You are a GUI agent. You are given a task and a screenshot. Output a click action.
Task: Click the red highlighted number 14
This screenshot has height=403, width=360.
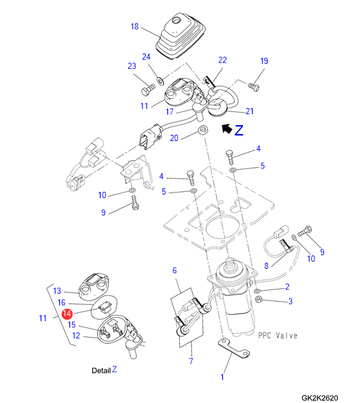point(67,314)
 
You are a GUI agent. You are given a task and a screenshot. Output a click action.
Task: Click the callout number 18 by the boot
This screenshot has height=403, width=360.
point(135,26)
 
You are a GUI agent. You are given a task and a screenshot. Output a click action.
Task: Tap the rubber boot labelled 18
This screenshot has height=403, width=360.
point(180,36)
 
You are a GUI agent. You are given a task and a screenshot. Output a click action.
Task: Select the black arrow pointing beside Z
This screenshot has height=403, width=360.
point(226,129)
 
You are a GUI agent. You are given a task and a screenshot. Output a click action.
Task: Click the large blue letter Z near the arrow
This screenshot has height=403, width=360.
point(239,130)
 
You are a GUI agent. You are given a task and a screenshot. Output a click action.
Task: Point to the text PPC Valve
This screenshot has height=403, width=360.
point(277,336)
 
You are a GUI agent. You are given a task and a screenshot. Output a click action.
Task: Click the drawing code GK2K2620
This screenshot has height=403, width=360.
point(319,398)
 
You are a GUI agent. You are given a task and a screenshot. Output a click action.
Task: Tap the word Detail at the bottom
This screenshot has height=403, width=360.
point(101,371)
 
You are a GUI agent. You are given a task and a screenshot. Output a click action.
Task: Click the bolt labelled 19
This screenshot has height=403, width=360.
point(254,87)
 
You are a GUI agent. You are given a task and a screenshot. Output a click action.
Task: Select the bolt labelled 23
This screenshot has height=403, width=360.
point(148,90)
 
